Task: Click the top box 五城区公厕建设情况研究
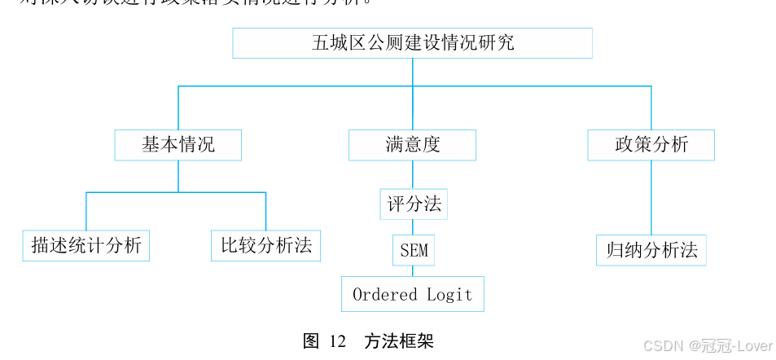click(412, 43)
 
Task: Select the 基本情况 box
click(178, 145)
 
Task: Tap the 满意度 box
click(412, 145)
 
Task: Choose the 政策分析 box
click(651, 145)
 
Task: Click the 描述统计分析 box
click(86, 245)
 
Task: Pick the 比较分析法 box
click(265, 245)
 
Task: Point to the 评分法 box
click(414, 204)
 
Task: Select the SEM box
click(414, 250)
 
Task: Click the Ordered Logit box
click(412, 294)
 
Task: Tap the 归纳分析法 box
click(651, 250)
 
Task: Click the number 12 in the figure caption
click(338, 341)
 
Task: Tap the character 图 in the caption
click(310, 341)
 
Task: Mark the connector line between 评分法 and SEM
click(413, 227)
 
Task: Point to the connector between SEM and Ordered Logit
click(413, 271)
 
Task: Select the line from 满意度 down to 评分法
click(413, 174)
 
